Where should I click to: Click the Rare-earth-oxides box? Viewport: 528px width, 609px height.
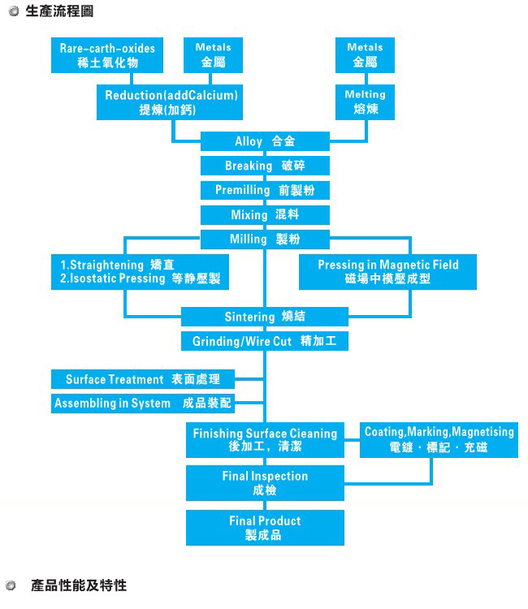click(x=106, y=55)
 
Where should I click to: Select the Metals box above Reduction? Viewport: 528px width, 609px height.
click(x=214, y=55)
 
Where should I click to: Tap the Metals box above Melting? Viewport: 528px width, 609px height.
click(x=365, y=55)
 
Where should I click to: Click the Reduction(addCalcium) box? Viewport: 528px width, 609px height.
click(x=171, y=102)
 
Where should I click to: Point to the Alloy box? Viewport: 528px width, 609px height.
click(x=265, y=141)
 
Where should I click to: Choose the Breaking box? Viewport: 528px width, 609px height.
click(x=265, y=166)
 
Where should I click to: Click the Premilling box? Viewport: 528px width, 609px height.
click(x=265, y=190)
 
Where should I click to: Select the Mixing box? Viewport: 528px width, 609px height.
click(x=265, y=215)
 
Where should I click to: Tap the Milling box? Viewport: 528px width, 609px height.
click(x=265, y=240)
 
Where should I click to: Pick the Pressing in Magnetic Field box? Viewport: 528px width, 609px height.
click(x=387, y=272)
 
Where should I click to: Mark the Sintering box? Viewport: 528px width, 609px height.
click(x=265, y=317)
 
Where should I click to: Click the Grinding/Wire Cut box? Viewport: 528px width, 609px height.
click(x=265, y=341)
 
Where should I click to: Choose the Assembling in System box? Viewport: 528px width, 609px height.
click(x=143, y=404)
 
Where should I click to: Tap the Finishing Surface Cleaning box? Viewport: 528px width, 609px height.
click(x=265, y=440)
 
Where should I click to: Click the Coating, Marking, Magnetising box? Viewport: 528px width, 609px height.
click(x=439, y=440)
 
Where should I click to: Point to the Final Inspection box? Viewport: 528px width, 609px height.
click(x=265, y=483)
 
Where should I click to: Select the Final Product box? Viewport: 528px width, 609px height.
click(x=265, y=528)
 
